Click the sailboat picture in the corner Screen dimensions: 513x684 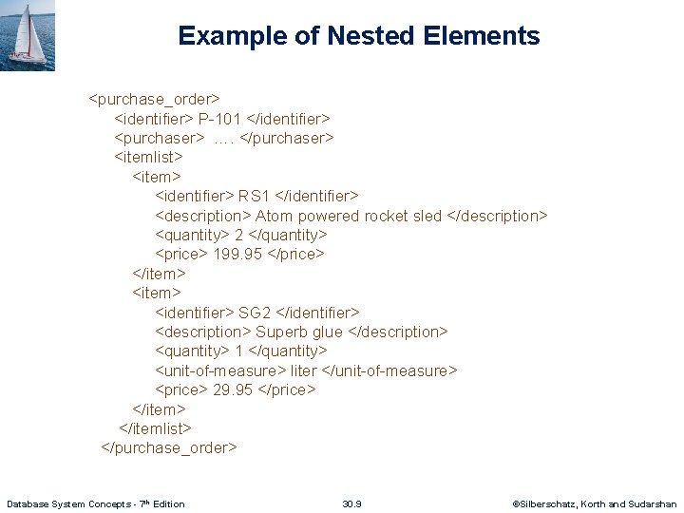click(28, 35)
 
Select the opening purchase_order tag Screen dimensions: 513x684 click(155, 99)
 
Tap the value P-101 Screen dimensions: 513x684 click(219, 119)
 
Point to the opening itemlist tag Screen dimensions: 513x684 click(148, 158)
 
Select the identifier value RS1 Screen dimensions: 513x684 click(254, 197)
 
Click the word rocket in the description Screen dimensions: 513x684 click(386, 216)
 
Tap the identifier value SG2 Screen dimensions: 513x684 click(255, 313)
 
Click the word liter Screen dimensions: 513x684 click(303, 370)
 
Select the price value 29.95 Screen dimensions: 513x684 click(233, 389)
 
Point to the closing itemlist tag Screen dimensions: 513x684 click(155, 428)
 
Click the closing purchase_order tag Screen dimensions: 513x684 click(169, 447)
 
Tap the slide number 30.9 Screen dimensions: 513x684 click(351, 503)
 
